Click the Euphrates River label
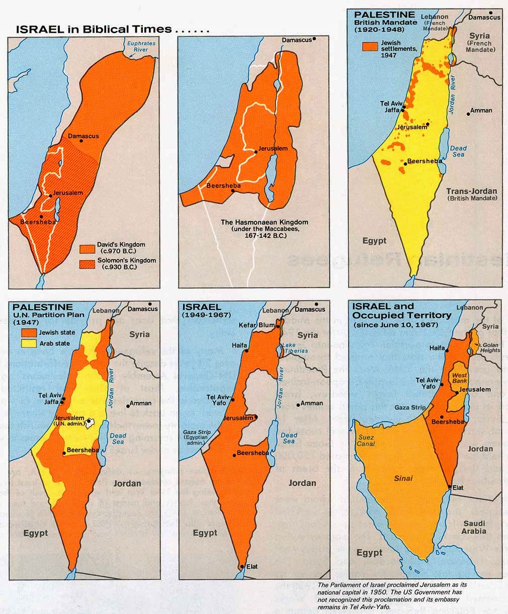[x=141, y=47]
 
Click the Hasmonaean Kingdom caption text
[x=264, y=228]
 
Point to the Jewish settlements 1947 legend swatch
[x=370, y=46]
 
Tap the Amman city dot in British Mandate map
[x=468, y=114]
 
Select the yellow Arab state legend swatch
[x=28, y=343]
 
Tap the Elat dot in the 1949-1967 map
[x=242, y=566]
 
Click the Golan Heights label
[x=490, y=347]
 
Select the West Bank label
[x=459, y=379]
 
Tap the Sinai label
[x=403, y=478]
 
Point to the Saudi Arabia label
[x=474, y=527]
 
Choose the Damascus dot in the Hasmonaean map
[x=314, y=39]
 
